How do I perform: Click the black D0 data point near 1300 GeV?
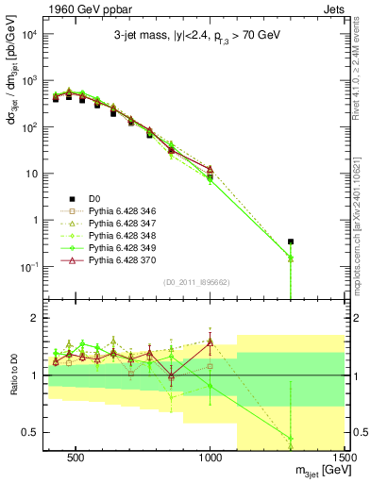click(x=291, y=241)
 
